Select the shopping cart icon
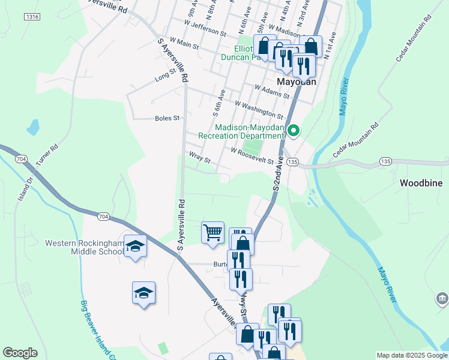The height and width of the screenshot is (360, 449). pos(212,232)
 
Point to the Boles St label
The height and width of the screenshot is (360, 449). pos(167,118)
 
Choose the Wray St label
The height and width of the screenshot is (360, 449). pos(199,160)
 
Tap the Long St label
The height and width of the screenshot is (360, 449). pos(164,77)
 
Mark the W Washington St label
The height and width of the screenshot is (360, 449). pos(258,109)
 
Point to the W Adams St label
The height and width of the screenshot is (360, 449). pos(271,91)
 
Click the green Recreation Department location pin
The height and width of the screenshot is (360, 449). pos(294,130)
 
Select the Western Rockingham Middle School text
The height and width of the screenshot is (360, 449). pos(85,247)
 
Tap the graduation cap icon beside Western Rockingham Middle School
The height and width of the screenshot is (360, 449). pos(135,245)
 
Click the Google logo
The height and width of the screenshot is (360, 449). pos(20,352)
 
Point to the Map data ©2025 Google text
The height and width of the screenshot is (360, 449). pos(411,355)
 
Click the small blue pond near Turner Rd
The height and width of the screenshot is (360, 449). pos(33,127)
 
